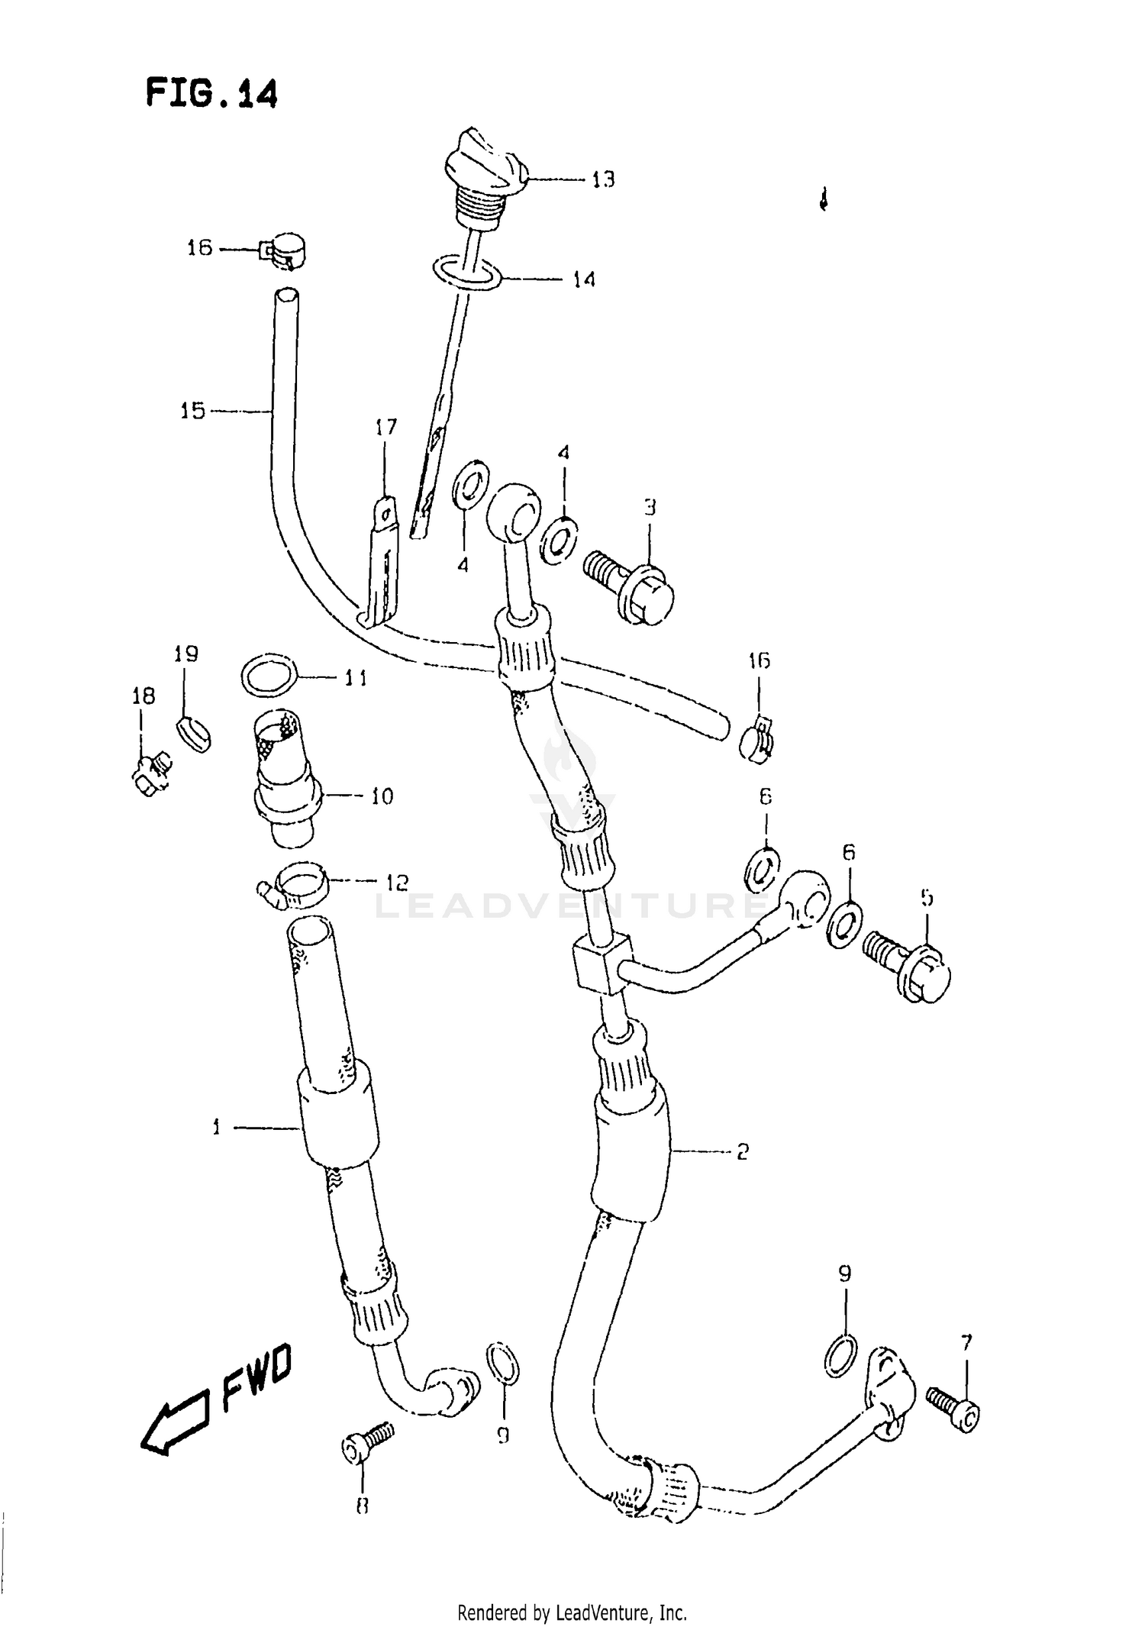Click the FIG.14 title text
(211, 94)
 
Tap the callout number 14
(584, 279)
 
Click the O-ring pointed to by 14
(467, 274)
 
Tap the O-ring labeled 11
(269, 676)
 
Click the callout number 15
(193, 411)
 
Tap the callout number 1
(216, 1127)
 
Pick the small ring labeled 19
(194, 734)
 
